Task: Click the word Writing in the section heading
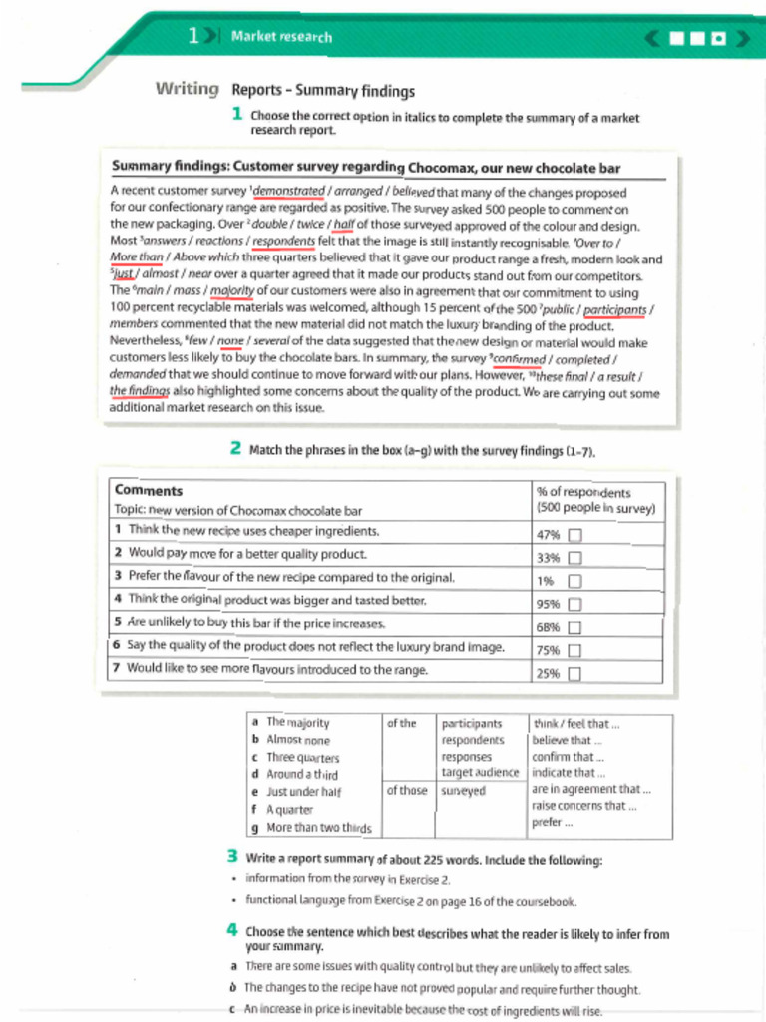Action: [187, 90]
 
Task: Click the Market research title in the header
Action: [281, 37]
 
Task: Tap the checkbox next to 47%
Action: [574, 534]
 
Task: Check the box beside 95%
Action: [574, 604]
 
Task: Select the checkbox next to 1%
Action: [574, 581]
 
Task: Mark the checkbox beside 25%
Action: [574, 674]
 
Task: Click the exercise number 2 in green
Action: [236, 449]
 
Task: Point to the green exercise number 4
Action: [231, 931]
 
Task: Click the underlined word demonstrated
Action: [289, 192]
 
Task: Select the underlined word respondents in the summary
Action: [283, 241]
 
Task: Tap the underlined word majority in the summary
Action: [232, 292]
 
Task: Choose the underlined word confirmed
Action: [518, 359]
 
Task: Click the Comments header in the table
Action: [149, 490]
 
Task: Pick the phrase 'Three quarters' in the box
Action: [302, 758]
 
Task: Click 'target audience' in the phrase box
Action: [480, 773]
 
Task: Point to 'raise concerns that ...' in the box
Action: [583, 806]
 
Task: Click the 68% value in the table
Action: [548, 628]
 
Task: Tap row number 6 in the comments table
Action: [118, 647]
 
